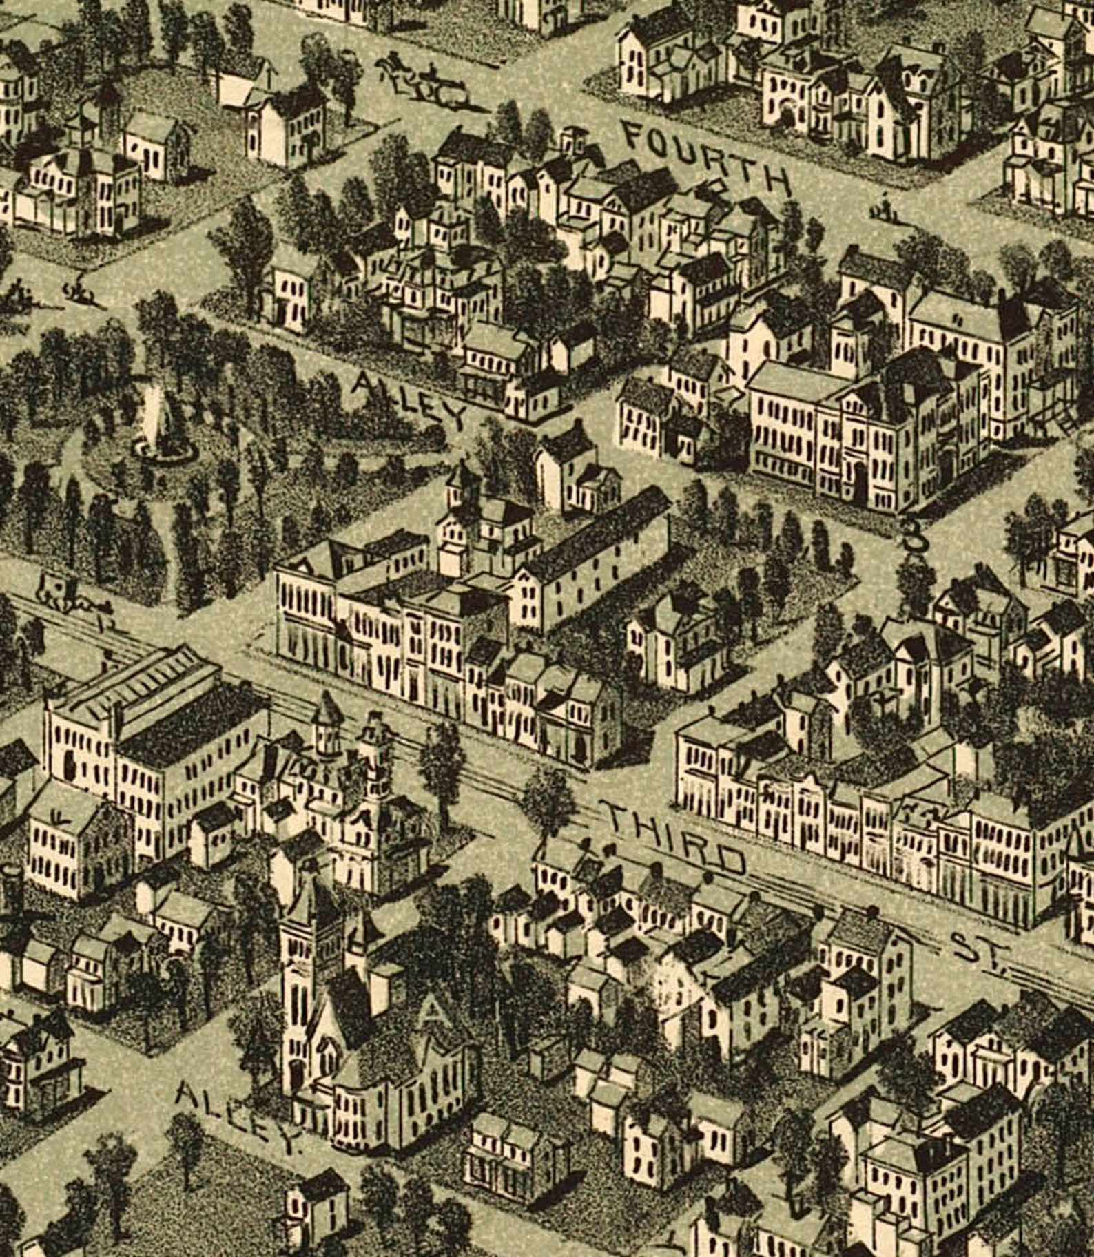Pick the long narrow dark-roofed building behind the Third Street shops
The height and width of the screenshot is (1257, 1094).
coord(592,558)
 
